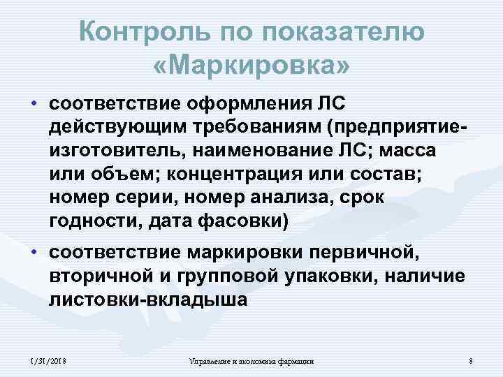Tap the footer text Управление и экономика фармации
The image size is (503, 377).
click(x=252, y=361)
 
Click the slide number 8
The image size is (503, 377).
click(x=472, y=361)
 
